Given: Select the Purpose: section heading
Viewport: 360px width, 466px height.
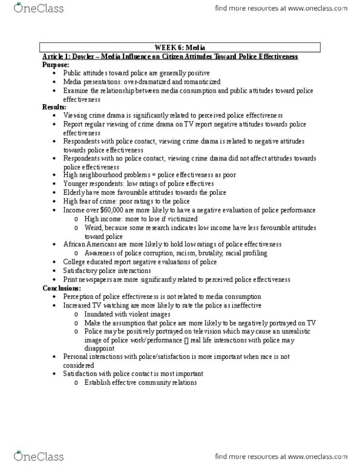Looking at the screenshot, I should pyautogui.click(x=56, y=64).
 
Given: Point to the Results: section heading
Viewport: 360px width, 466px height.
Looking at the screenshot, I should pyautogui.click(x=55, y=106).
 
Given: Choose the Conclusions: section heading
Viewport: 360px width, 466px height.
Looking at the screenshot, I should pyautogui.click(x=62, y=288).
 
